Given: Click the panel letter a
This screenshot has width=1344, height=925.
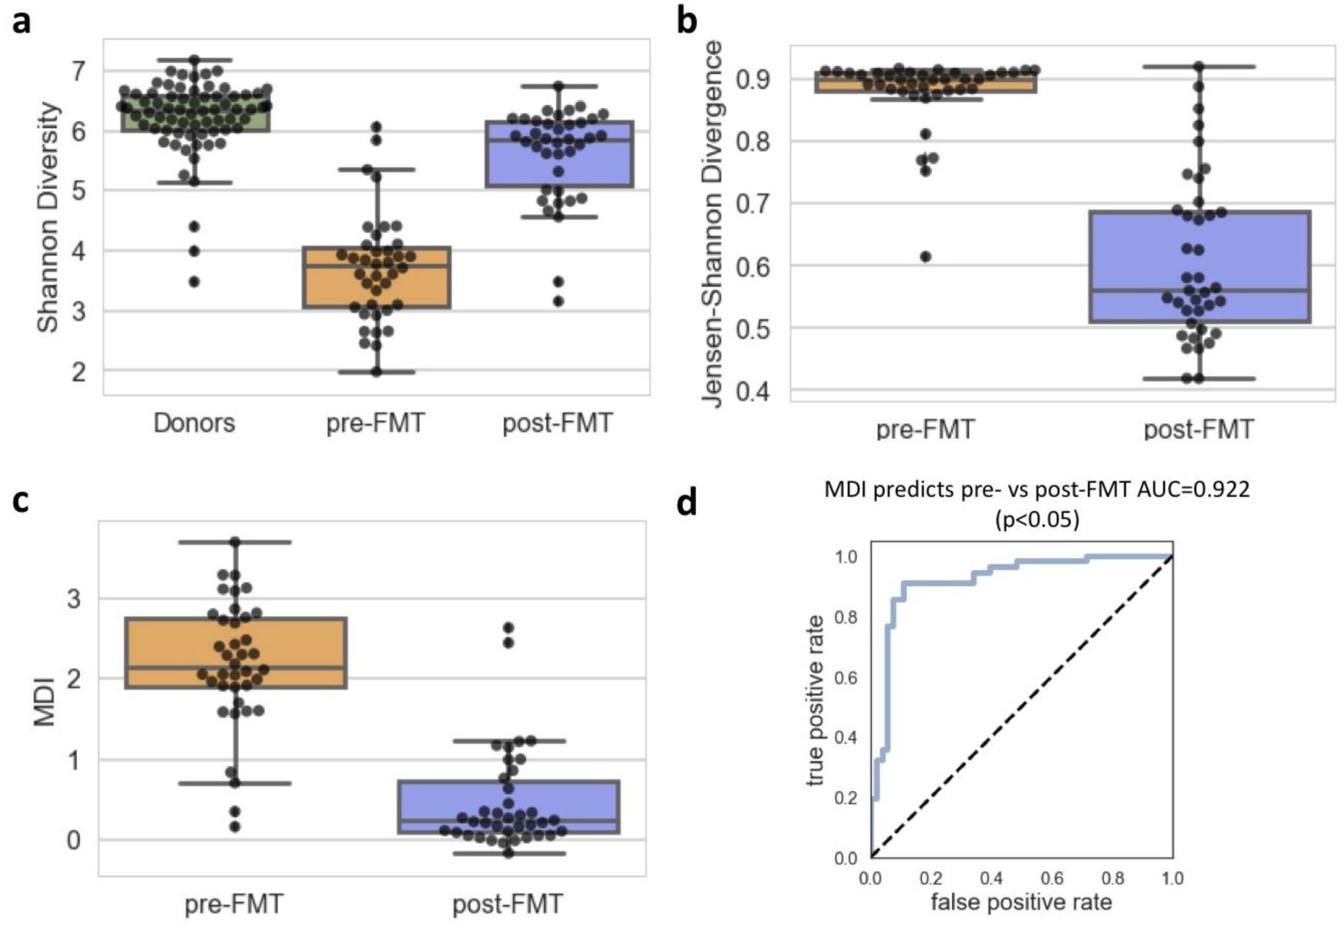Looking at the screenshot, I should [x=22, y=22].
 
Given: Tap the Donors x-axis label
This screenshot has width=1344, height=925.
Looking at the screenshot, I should [x=194, y=423].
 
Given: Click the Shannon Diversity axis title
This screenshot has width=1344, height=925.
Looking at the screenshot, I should [x=48, y=217].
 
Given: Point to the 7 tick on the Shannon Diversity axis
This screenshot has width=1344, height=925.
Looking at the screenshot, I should [x=78, y=72].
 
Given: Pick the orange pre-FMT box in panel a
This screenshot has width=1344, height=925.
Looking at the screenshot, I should [x=376, y=278].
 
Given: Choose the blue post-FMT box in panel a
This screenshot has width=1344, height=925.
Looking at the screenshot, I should [x=559, y=154].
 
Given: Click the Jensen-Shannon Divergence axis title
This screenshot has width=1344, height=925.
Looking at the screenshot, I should [x=712, y=223].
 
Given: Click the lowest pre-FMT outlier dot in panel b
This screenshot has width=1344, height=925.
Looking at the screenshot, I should [x=925, y=257].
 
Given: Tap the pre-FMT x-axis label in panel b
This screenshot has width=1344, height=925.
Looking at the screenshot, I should [x=925, y=429].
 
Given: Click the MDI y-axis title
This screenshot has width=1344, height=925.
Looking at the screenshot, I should [x=46, y=699].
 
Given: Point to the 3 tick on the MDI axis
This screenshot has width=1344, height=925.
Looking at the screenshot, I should [x=73, y=598].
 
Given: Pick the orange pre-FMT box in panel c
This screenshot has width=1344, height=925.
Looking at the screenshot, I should [x=236, y=653].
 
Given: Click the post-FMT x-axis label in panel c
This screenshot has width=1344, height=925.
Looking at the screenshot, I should [x=507, y=904].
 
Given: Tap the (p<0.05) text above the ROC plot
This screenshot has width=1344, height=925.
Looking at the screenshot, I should [x=1036, y=520].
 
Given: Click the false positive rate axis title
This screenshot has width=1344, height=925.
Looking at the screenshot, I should [x=1021, y=902].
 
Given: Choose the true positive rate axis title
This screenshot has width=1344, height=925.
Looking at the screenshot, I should [x=815, y=699].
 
